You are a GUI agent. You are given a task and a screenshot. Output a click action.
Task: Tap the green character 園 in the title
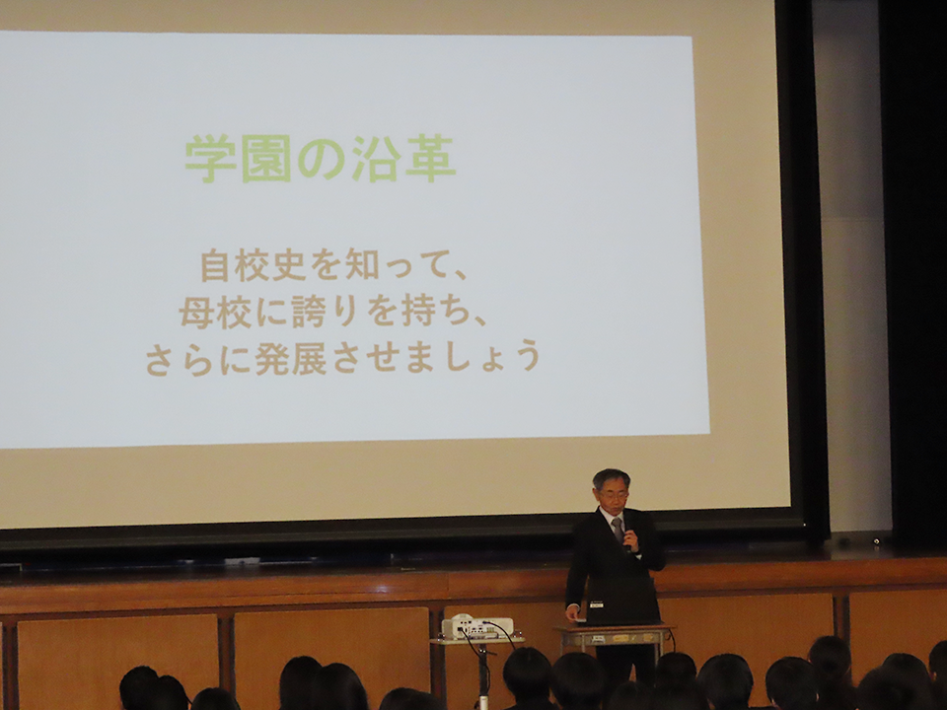266,159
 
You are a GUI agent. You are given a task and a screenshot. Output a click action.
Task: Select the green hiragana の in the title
321,159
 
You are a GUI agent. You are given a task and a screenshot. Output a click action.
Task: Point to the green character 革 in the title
431,159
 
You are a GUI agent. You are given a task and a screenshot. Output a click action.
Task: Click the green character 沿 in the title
376,159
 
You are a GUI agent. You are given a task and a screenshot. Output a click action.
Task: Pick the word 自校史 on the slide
254,265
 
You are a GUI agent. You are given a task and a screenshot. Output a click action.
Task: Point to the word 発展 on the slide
291,358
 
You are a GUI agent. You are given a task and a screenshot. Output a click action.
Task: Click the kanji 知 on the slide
362,265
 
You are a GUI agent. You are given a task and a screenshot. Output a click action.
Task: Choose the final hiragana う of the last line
528,356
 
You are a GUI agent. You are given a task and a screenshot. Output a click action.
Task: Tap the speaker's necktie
618,530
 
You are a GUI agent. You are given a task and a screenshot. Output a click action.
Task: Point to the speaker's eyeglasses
612,494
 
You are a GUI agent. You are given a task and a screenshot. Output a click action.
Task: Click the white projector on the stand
477,627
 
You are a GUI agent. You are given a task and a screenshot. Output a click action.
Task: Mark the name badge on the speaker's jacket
597,603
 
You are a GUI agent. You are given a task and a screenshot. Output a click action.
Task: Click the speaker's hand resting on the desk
572,614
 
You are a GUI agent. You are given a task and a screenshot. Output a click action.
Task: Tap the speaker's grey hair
612,478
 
